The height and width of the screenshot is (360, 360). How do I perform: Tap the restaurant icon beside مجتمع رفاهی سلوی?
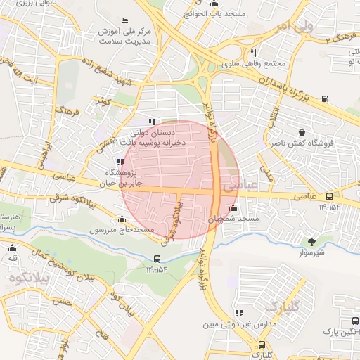point(253,52)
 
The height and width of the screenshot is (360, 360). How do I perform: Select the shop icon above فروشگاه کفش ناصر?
point(302,132)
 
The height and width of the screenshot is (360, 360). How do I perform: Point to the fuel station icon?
point(324,98)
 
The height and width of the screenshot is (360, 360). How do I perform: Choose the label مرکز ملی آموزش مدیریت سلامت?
point(136,37)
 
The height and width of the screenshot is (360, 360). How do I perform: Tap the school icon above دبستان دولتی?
point(152,121)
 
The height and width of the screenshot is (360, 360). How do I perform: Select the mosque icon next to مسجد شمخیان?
point(233,209)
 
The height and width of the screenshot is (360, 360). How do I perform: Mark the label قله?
point(12,259)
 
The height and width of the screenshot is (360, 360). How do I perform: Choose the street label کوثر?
point(106,101)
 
